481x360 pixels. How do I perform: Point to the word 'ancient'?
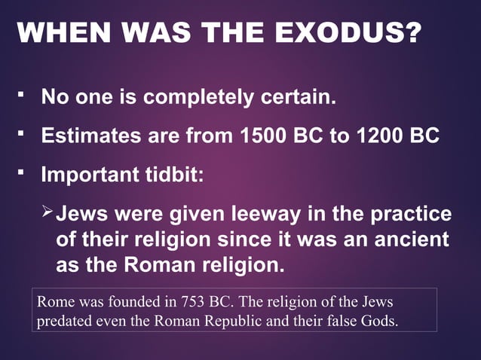[x=414, y=240]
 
